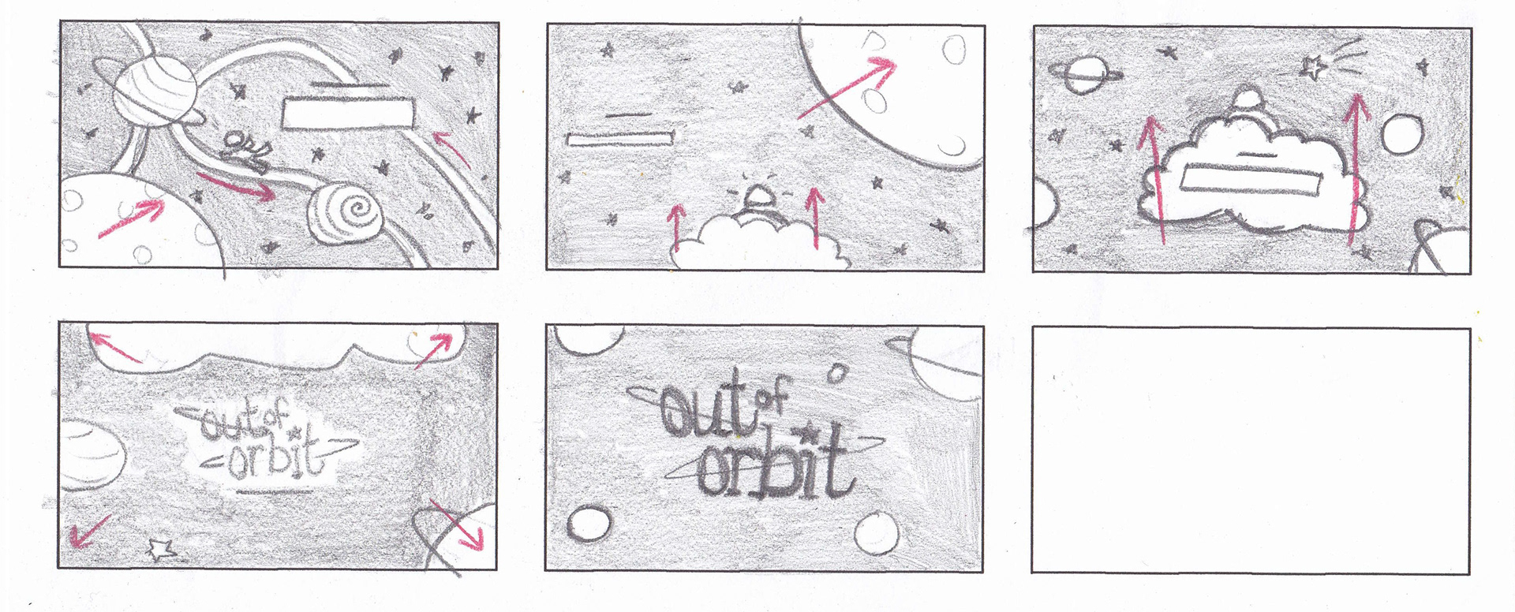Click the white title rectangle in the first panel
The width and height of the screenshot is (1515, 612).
[348, 112]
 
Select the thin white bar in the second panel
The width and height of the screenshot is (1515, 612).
[620, 138]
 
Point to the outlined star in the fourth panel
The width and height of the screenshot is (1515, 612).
[162, 549]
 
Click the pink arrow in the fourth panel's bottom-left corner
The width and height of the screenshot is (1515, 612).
[89, 530]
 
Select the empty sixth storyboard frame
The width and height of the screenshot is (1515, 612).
[1251, 450]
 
